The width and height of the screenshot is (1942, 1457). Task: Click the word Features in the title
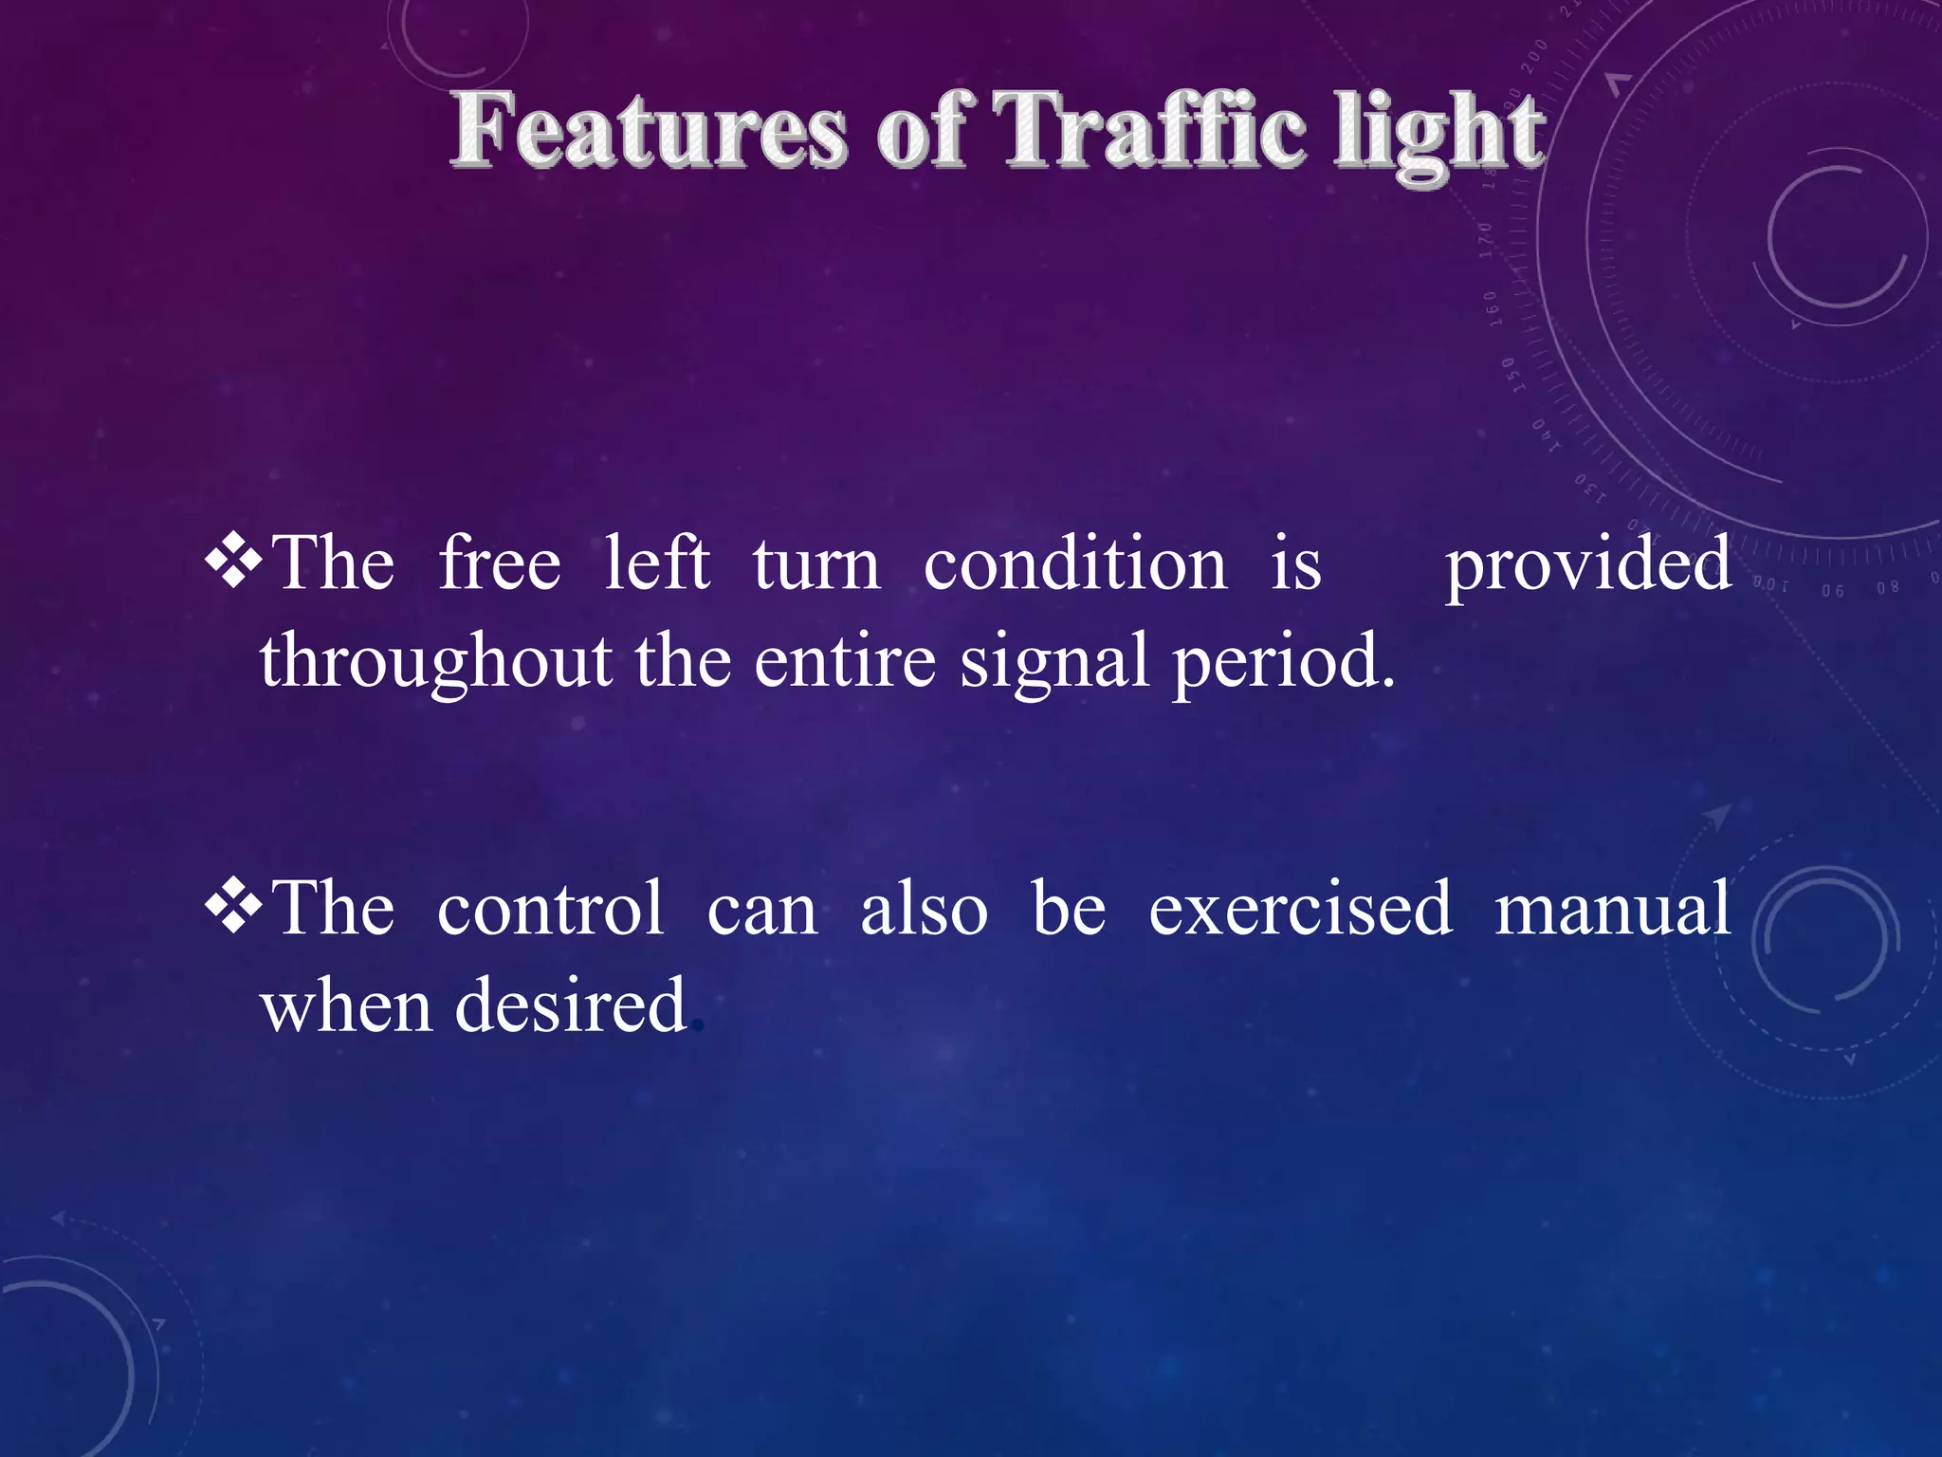click(x=648, y=131)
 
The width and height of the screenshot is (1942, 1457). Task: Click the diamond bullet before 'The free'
click(x=233, y=563)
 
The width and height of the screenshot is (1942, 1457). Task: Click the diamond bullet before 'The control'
click(x=233, y=908)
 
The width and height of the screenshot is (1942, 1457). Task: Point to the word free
click(x=499, y=563)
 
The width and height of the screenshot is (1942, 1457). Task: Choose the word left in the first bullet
click(x=656, y=563)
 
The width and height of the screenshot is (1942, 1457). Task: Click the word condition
click(x=1074, y=563)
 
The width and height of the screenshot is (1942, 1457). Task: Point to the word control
click(x=550, y=909)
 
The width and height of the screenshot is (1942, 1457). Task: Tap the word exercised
click(x=1300, y=909)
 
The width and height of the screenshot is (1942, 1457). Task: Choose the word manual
click(x=1613, y=909)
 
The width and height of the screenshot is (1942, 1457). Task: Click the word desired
click(x=570, y=1005)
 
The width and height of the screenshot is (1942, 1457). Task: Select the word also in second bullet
click(x=924, y=909)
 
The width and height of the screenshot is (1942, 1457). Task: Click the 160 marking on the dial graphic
click(x=1493, y=309)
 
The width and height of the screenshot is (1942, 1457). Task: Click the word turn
click(x=816, y=565)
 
